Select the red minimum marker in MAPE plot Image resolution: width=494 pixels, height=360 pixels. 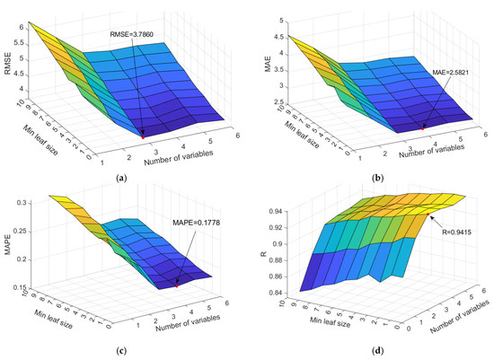178,285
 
